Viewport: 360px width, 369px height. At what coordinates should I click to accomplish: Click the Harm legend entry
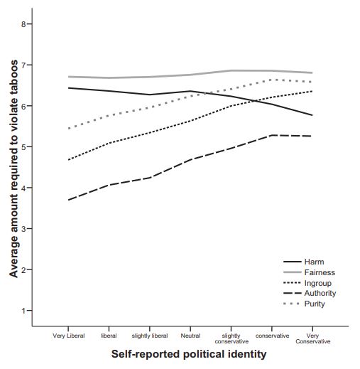coord(304,262)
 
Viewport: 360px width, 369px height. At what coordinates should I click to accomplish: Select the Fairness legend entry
coord(309,272)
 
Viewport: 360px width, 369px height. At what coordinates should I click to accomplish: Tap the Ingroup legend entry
coord(307,283)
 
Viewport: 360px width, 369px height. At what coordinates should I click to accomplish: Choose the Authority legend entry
coord(310,293)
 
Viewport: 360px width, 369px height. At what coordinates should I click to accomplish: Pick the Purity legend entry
coord(304,304)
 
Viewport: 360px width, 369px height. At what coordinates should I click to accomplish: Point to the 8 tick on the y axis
coord(31,24)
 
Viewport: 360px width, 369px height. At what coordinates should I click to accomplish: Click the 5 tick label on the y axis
coord(23,146)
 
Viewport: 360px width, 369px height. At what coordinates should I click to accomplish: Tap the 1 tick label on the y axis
coord(23,311)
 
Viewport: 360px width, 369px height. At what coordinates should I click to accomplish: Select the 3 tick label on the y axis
coord(23,229)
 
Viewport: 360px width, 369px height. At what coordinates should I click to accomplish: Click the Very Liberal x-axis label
coord(69,336)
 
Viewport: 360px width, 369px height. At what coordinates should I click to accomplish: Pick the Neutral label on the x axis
coord(190,336)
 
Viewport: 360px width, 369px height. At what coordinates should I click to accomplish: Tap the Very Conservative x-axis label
coord(312,338)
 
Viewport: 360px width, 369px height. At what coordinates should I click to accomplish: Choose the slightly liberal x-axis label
coord(150,336)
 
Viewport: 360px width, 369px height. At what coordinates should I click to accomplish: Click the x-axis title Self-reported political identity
coord(189,354)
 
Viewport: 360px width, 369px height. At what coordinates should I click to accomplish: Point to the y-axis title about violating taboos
coord(13,169)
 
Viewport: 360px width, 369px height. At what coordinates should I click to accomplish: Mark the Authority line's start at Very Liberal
coord(68,200)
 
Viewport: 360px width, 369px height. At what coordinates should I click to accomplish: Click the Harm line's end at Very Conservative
coord(312,115)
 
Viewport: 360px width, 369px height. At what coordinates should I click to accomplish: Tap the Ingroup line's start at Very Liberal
coord(68,160)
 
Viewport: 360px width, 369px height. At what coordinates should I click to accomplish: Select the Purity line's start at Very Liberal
coord(69,129)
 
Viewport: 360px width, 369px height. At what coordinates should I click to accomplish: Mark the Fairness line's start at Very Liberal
coord(68,77)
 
